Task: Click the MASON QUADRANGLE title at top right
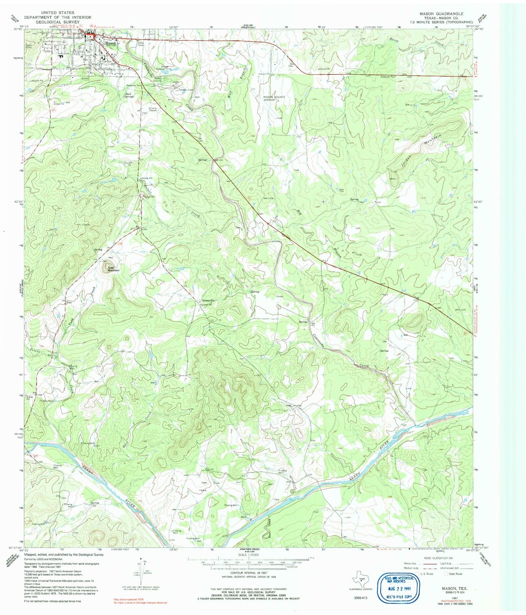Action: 446,13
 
